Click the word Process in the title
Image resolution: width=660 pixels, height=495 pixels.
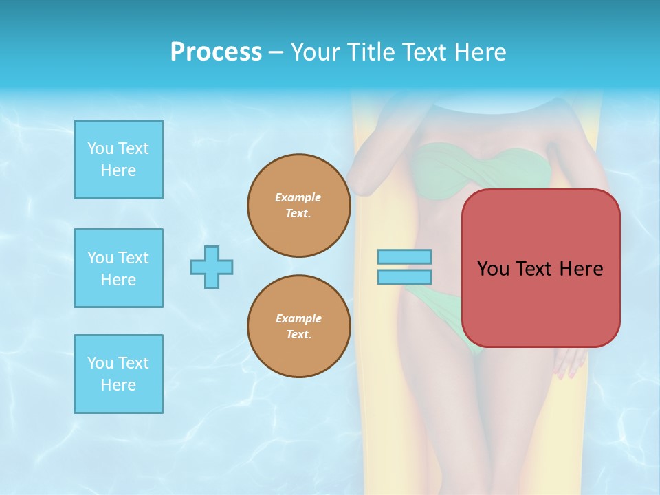pos(216,52)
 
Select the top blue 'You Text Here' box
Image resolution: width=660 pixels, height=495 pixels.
pos(118,159)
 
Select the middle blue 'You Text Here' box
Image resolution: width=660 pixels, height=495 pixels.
pos(118,268)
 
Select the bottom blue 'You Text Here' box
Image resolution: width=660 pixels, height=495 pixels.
pos(118,374)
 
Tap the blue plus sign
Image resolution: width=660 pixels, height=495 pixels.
pos(212,267)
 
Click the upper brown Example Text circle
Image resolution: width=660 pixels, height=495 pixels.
pos(299,206)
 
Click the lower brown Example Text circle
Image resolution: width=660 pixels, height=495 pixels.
pos(299,327)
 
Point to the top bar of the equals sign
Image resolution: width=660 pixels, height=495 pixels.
pos(404,257)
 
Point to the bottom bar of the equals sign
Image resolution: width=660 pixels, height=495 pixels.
pos(404,276)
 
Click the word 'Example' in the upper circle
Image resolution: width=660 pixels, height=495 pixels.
pos(298,197)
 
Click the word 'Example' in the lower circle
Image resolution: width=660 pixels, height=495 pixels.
pos(298,318)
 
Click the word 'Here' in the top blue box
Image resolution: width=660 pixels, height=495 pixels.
pos(118,170)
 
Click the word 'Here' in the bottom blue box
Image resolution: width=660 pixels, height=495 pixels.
pos(118,385)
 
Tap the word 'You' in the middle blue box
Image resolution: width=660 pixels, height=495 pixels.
pos(100,258)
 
